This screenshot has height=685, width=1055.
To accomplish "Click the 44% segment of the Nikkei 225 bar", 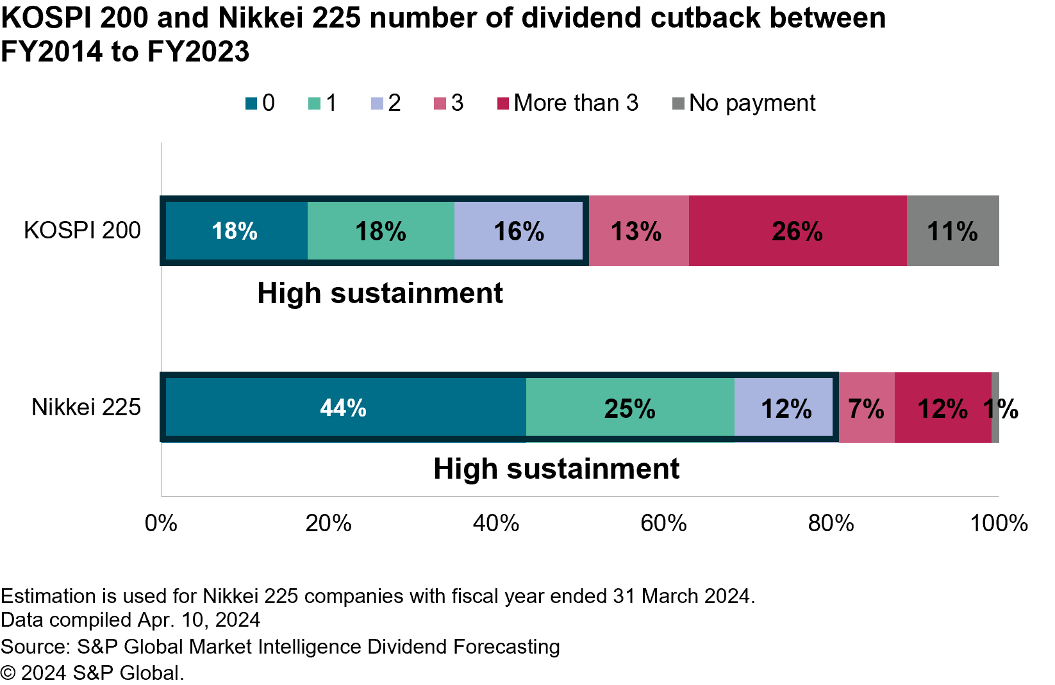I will [344, 408].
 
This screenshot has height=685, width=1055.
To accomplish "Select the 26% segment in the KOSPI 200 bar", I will [797, 231].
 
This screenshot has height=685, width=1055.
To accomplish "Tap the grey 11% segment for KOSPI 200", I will [952, 231].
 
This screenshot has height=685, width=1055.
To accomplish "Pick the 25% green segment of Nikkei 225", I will [629, 408].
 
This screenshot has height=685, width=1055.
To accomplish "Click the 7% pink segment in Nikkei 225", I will [866, 408].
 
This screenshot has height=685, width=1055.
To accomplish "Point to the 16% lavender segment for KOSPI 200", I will [519, 231].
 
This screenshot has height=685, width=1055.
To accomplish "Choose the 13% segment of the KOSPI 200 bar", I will [636, 231].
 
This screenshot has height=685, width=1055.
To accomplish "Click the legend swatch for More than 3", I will [503, 103].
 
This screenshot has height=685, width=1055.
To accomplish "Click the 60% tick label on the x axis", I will [663, 524].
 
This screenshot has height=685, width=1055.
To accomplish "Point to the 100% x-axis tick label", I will [998, 524].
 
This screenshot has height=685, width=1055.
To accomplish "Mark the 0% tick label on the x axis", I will [161, 524].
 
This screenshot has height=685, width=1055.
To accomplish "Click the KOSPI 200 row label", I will [82, 230].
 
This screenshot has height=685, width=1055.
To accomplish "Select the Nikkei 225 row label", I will [86, 407].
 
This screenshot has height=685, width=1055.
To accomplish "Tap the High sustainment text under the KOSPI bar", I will [380, 293].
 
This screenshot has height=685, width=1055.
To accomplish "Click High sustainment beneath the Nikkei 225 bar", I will [556, 468].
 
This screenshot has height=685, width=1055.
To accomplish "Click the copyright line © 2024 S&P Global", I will [92, 673].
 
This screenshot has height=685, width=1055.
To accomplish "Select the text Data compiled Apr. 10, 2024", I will [130, 620].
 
